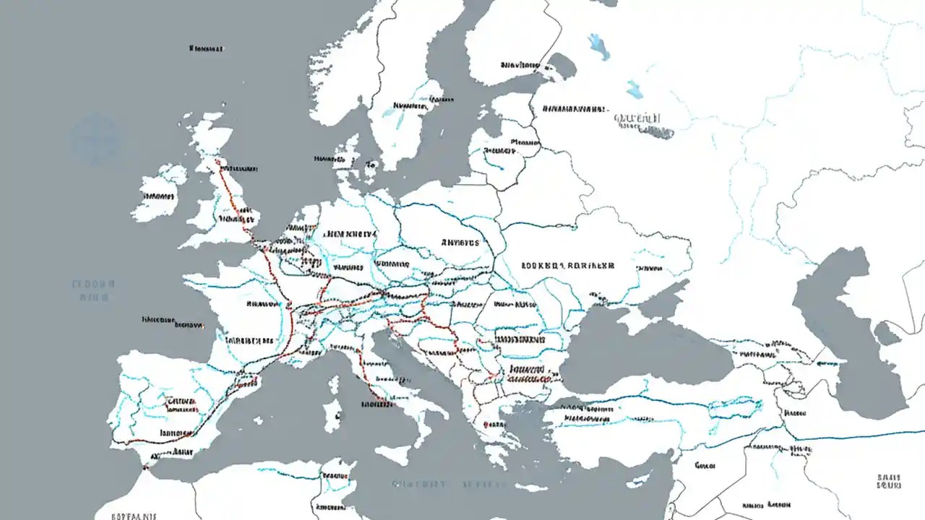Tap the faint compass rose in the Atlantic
[94, 139]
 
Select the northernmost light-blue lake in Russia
[598, 45]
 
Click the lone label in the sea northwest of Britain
[206, 49]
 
